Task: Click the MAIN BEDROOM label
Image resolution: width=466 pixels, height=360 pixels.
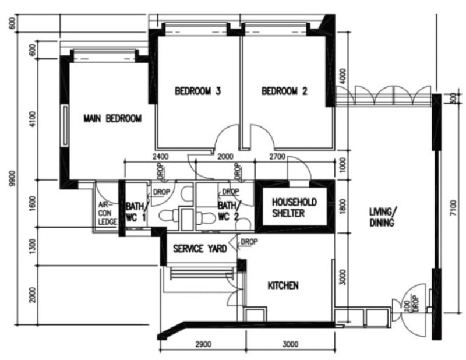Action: coord(112,119)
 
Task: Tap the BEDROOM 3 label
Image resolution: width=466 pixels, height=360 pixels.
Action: coord(197,91)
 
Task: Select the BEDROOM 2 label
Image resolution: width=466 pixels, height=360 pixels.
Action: coord(284,91)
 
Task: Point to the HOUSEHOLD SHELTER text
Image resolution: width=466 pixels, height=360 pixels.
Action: coord(294,208)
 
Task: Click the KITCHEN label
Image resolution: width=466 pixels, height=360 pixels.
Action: coord(283,285)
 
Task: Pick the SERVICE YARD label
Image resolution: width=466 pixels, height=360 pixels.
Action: coord(200,249)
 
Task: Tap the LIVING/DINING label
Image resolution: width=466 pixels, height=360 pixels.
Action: coord(383,217)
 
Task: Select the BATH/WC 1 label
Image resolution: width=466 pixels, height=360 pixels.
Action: coord(136,211)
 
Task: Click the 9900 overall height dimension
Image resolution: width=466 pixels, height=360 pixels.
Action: coord(12,179)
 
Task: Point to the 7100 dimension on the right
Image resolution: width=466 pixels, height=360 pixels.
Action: coord(453,209)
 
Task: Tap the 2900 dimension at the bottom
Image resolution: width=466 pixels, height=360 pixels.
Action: coord(203,344)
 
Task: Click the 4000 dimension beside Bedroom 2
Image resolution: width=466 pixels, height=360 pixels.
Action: coord(343,76)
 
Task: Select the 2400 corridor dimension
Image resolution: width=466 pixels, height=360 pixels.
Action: coord(160,156)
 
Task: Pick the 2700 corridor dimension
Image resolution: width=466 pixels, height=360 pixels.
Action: coord(277,156)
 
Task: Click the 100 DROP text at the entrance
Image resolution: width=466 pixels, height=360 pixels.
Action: coord(412,303)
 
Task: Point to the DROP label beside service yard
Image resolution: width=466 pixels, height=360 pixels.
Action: coord(249,242)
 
